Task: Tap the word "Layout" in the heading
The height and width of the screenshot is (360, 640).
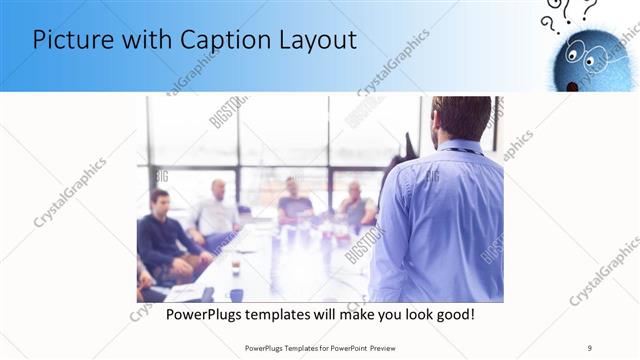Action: coord(317,40)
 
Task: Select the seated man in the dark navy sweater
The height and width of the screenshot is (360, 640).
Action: coord(161,235)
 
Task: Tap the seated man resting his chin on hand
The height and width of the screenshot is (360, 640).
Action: coord(354,204)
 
